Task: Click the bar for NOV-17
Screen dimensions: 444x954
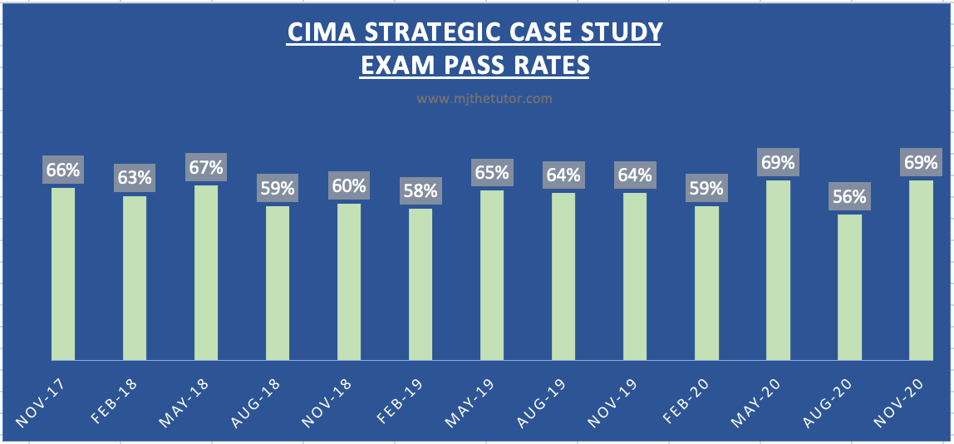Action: click(63, 274)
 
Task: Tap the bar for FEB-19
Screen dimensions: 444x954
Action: click(420, 284)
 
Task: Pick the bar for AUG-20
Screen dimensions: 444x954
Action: click(849, 287)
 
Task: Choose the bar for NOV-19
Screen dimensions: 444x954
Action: click(635, 276)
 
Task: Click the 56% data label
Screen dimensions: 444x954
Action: click(849, 197)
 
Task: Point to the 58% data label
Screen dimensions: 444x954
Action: click(420, 190)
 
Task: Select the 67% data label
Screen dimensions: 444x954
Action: click(206, 167)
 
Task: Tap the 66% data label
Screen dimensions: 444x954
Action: click(63, 170)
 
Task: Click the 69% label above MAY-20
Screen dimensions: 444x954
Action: click(778, 162)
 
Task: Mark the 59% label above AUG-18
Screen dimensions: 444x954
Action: click(278, 188)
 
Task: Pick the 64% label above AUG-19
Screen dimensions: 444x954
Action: click(563, 175)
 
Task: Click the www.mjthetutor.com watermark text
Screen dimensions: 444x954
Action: click(484, 98)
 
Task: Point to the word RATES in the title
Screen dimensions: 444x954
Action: click(548, 65)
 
